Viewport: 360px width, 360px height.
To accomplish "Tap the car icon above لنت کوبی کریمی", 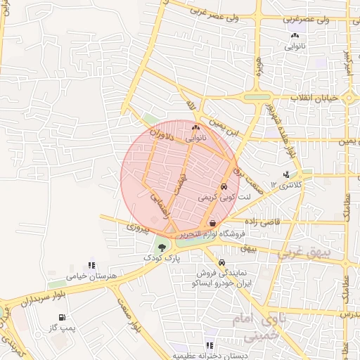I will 223,187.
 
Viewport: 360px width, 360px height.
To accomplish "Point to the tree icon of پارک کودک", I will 162,247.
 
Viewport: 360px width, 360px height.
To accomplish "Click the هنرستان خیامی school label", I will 90,276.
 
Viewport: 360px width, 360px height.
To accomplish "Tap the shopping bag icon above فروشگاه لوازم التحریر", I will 212,223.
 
